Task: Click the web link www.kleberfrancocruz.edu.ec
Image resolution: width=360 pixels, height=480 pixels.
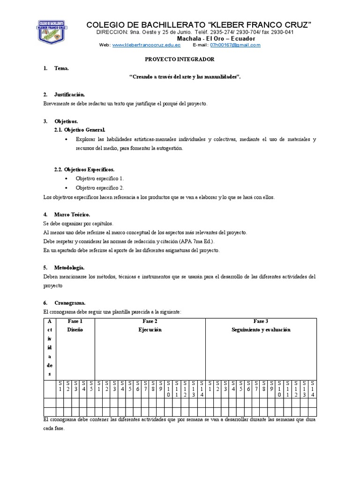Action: click(146, 45)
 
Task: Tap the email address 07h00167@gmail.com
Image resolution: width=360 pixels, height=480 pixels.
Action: click(235, 45)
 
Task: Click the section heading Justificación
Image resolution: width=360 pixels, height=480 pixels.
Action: click(70, 95)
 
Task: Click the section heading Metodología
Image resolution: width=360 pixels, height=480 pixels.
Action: click(70, 267)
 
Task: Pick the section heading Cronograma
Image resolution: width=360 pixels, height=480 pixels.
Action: click(70, 303)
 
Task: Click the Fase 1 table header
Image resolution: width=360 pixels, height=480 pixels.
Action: click(75, 321)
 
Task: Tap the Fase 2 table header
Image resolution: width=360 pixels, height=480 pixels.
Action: click(150, 321)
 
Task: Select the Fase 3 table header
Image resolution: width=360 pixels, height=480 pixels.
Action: click(261, 321)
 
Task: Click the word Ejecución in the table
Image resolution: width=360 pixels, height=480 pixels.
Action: click(150, 330)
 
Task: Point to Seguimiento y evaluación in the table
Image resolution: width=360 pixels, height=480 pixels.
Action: click(261, 330)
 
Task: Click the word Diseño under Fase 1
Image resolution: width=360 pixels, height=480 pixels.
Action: click(75, 330)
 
